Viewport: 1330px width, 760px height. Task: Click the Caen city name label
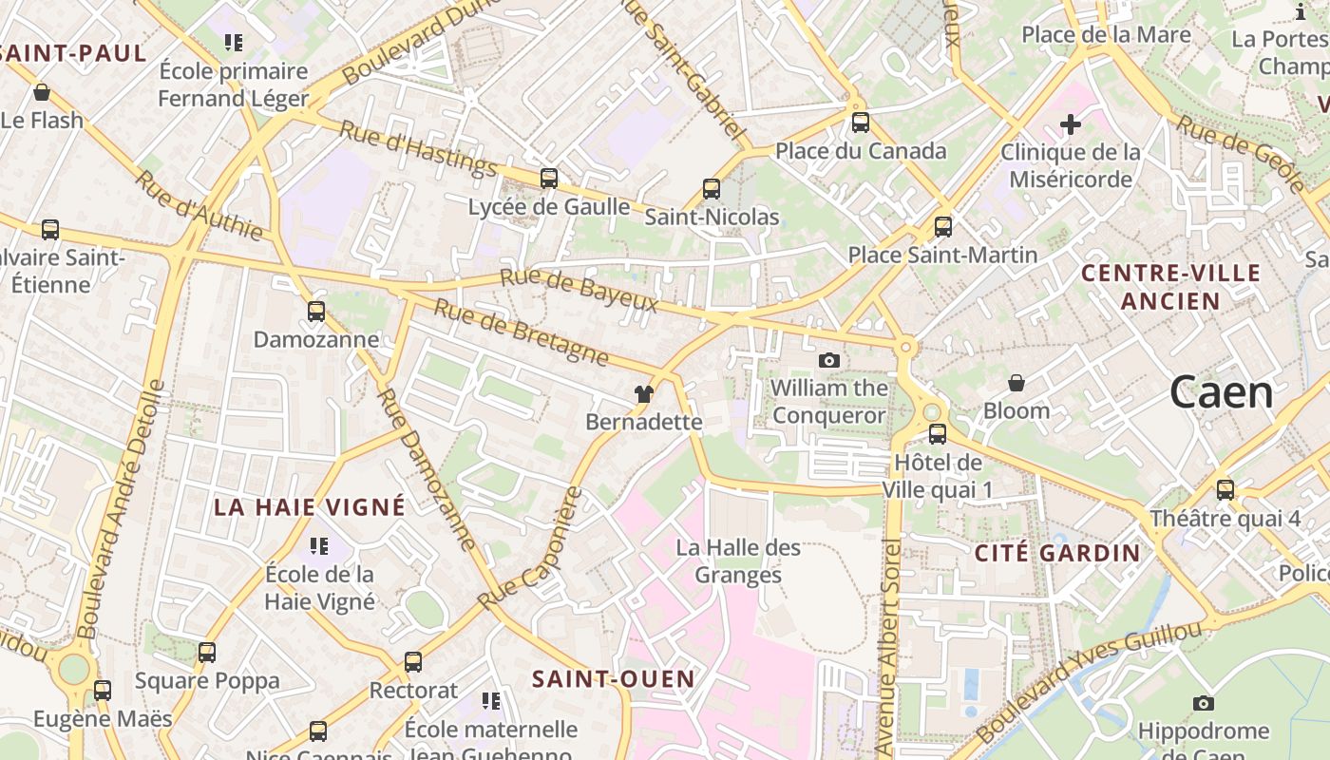[x=1221, y=392]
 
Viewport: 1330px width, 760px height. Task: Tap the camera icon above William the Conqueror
[x=829, y=360]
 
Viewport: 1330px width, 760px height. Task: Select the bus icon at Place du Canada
[x=861, y=123]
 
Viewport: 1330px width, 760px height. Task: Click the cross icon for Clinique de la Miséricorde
[x=1071, y=124]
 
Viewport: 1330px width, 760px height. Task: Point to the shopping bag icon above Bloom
[x=1016, y=383]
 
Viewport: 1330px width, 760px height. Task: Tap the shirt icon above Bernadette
[x=644, y=394]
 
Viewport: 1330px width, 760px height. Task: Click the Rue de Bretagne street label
[x=522, y=332]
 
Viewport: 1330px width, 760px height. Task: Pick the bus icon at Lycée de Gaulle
[x=549, y=179]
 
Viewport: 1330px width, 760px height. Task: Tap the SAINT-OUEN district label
[x=613, y=679]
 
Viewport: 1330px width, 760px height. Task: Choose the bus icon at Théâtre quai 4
[x=1225, y=490]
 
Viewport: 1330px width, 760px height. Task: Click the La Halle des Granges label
[x=738, y=560]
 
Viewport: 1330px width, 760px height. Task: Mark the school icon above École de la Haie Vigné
[x=319, y=546]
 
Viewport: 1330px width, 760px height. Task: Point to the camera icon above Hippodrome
[x=1204, y=703]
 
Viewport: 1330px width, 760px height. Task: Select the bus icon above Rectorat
[x=413, y=662]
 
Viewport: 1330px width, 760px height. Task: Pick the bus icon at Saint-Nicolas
[x=712, y=189]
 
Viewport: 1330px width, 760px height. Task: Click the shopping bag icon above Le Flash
[x=42, y=92]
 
